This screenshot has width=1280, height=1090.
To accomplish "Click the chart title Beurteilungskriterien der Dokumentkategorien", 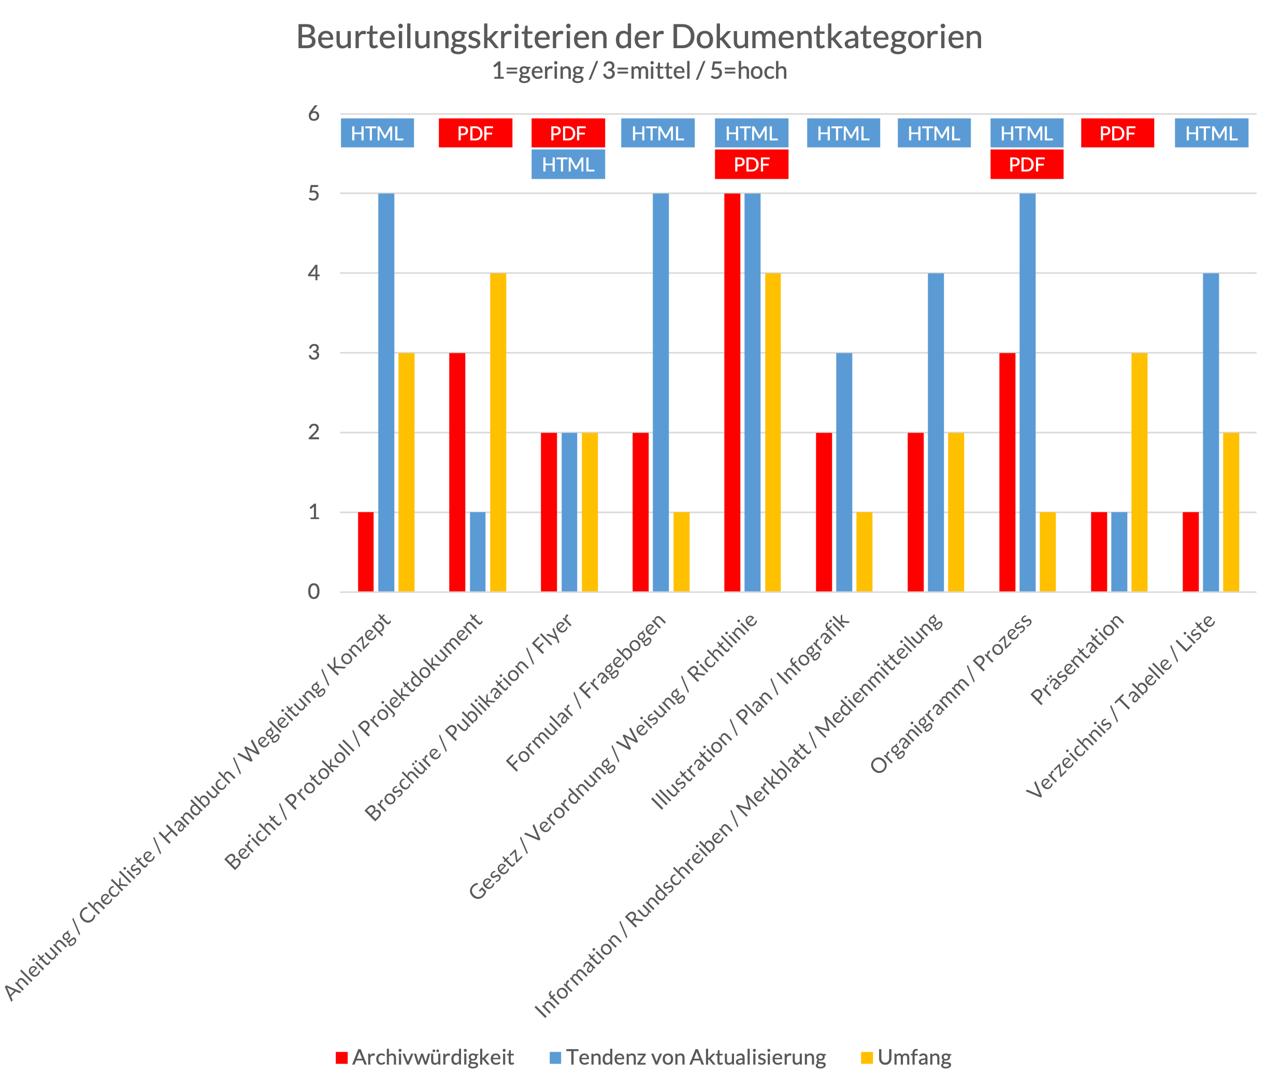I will pos(639,37).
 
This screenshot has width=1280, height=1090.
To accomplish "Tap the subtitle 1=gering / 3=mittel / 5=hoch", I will pos(639,71).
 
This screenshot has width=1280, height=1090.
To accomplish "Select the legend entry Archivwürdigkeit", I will pos(433,1057).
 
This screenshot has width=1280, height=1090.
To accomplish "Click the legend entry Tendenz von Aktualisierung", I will pos(696,1057).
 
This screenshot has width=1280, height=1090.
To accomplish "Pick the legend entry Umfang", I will pos(914,1057).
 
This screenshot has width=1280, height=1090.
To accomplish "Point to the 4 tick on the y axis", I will pos(314,273).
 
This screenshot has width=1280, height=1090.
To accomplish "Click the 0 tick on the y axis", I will pos(314,592).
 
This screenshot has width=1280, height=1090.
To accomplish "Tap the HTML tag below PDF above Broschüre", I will pos(568,165).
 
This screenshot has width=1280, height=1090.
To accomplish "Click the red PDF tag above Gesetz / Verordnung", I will pos(751,165).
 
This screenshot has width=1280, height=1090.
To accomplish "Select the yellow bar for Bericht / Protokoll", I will pos(498,433).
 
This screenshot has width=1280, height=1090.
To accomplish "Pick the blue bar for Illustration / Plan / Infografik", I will pos(844,472).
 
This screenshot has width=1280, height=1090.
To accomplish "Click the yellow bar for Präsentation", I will pos(1139,472).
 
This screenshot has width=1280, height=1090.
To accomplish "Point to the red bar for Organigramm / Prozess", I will pos(1007,472).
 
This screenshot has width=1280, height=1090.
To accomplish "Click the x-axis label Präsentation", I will pos(1078,659).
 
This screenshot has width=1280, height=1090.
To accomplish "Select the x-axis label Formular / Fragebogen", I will pos(587,692).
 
